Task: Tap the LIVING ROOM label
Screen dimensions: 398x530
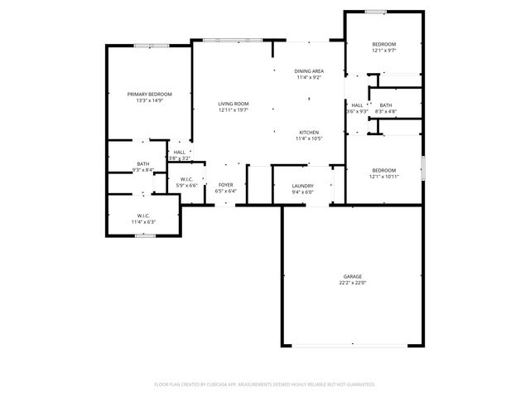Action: [234, 104]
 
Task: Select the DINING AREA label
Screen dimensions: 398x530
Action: [309, 71]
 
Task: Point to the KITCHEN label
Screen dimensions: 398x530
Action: [309, 132]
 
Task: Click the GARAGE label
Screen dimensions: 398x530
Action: [353, 276]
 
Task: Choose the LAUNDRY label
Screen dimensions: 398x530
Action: [302, 186]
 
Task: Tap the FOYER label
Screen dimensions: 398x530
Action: [226, 185]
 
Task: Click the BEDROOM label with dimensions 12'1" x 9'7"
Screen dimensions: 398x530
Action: [383, 44]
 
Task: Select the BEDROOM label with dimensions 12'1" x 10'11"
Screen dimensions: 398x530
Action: [383, 170]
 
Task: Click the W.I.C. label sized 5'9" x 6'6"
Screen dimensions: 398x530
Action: [186, 179]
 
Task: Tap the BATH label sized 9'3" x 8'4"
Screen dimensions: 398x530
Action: [143, 164]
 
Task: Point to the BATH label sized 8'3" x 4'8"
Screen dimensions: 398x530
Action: [386, 105]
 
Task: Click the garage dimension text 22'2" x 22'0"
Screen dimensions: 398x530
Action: [353, 283]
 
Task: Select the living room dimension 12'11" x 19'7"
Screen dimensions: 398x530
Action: [234, 110]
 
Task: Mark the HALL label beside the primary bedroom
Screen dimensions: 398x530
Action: [180, 152]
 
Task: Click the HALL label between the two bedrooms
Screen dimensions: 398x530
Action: [357, 105]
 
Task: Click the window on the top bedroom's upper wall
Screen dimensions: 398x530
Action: [376, 11]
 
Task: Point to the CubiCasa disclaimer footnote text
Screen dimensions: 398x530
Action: [265, 384]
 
